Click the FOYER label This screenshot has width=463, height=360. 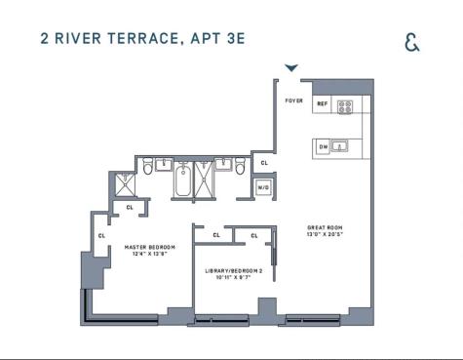(293, 100)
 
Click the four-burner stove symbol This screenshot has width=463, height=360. (345, 105)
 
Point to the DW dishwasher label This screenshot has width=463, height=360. (324, 146)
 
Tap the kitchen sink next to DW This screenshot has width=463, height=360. (341, 146)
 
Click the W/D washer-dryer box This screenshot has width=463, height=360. (263, 186)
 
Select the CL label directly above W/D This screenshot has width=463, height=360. (263, 163)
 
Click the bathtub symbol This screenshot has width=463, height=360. (185, 180)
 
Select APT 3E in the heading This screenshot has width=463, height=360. (220, 40)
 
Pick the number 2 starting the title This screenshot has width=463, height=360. (45, 40)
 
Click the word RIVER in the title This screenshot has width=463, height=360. (78, 40)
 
